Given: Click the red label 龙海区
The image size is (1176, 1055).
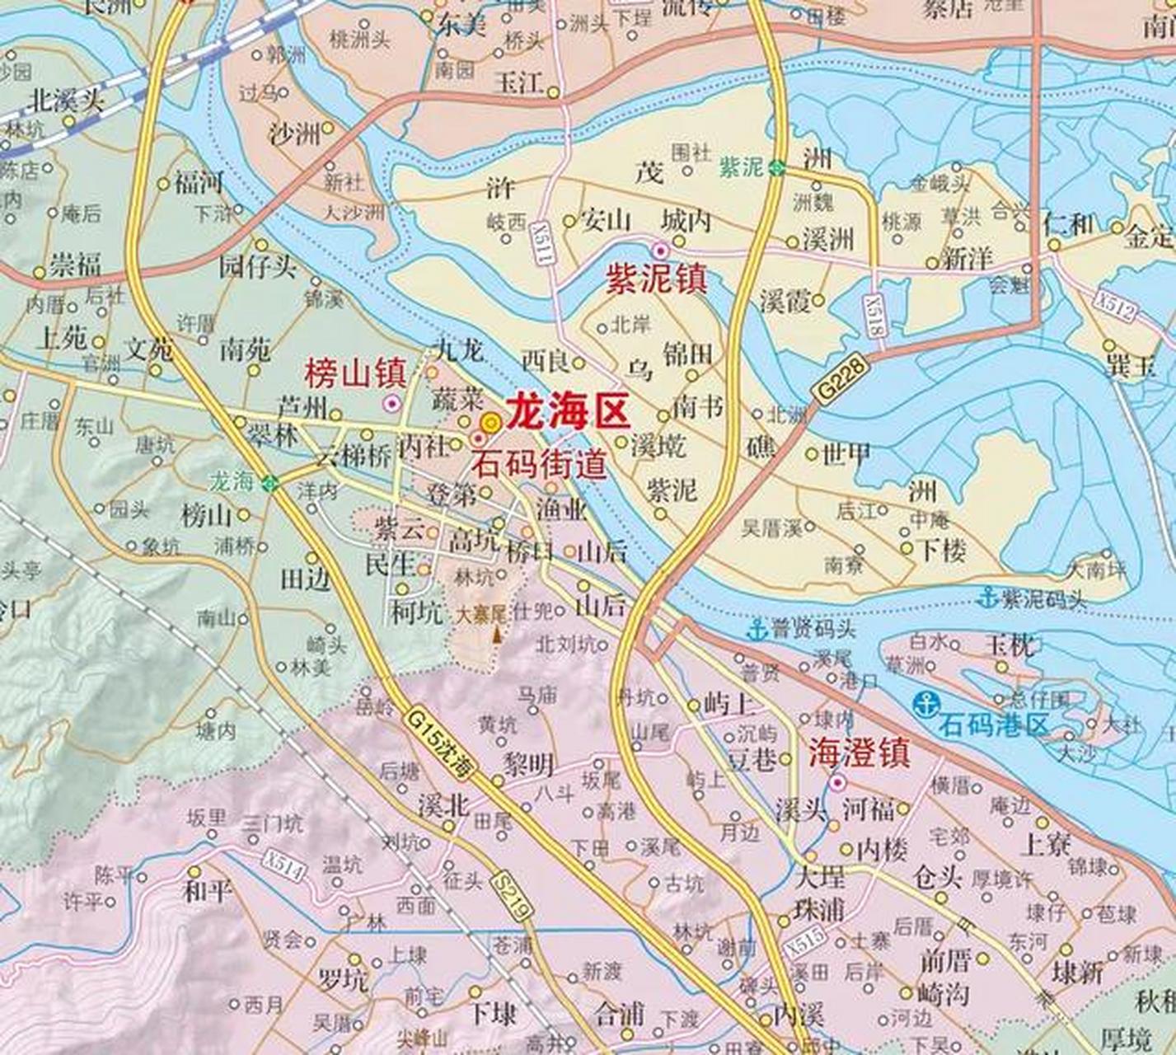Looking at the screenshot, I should (x=568, y=411).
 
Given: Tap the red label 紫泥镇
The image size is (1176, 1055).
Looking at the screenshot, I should (x=657, y=280).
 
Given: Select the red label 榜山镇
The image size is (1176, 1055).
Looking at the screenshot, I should (x=354, y=374).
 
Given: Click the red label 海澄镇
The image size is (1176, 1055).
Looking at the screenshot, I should (x=859, y=753).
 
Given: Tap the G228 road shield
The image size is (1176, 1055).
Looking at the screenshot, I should (x=840, y=379).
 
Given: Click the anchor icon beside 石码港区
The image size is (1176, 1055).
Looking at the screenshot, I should (x=926, y=705).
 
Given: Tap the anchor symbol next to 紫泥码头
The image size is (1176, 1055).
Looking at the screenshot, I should (x=987, y=598).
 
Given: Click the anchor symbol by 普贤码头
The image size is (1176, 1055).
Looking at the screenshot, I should (x=756, y=631).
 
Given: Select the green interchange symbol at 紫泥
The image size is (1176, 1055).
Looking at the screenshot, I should (x=776, y=168).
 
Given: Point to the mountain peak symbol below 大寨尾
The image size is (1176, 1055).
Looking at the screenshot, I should (x=496, y=635).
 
